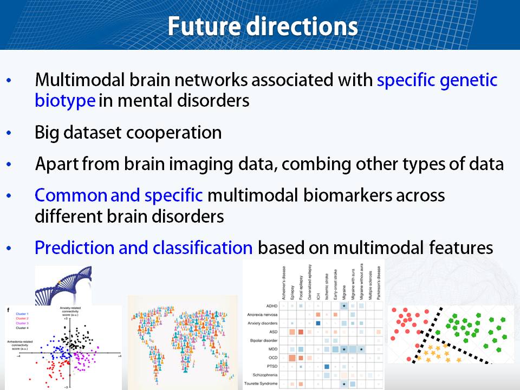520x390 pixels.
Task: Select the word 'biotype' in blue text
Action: [66, 101]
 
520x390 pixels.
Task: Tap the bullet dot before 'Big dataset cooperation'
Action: [9, 133]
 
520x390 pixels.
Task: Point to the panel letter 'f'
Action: [8, 309]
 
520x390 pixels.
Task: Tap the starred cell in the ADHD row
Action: [344, 305]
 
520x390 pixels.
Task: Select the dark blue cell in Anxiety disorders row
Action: [318, 323]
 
